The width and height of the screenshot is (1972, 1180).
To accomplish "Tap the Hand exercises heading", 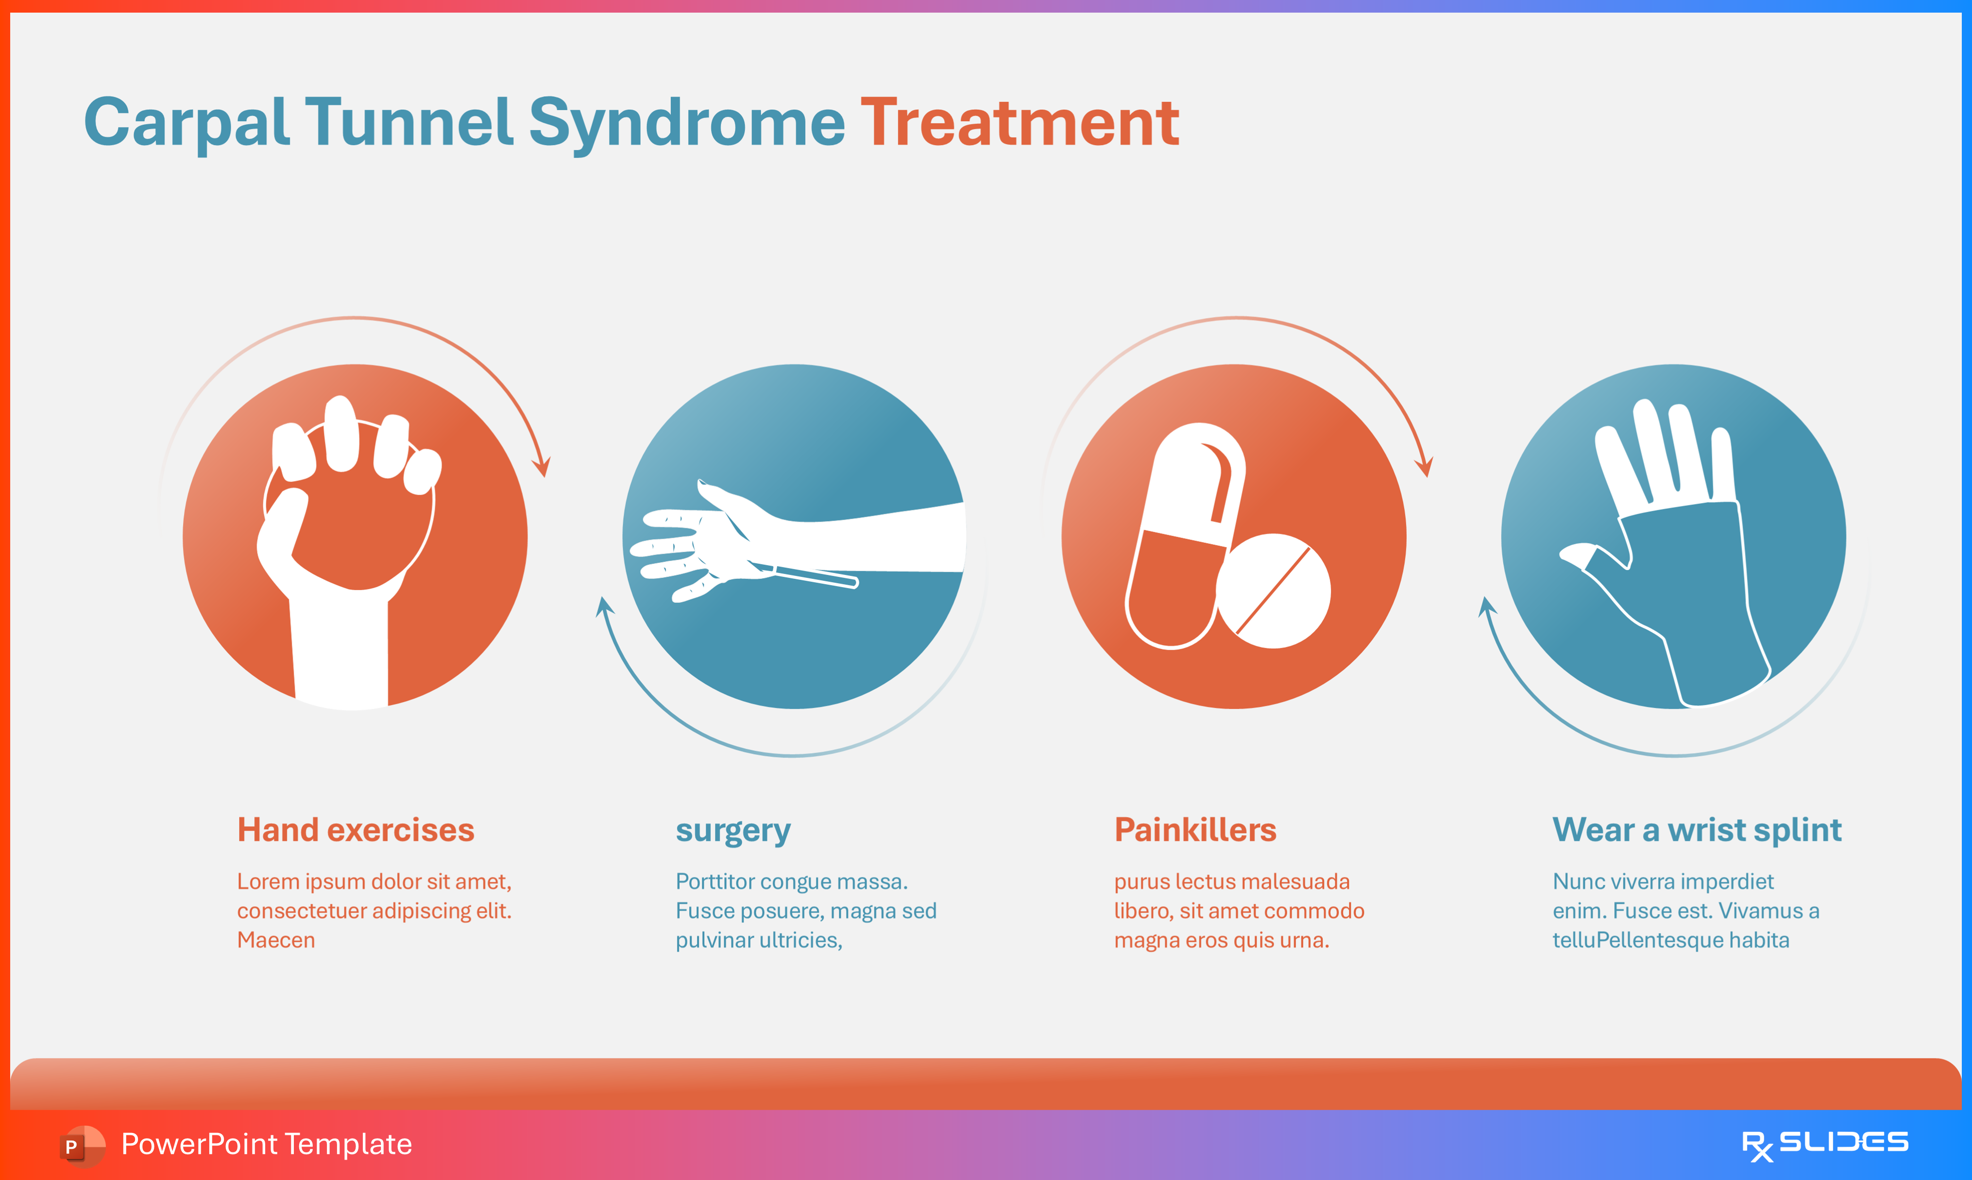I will pyautogui.click(x=356, y=830).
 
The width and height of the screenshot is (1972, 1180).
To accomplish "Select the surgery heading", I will pyautogui.click(x=732, y=830).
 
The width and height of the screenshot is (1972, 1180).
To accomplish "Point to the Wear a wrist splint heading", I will pyautogui.click(x=1697, y=830).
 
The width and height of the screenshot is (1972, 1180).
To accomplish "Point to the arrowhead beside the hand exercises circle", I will pyautogui.click(x=542, y=466).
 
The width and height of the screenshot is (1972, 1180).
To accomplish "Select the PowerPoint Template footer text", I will pyautogui.click(x=266, y=1144).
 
